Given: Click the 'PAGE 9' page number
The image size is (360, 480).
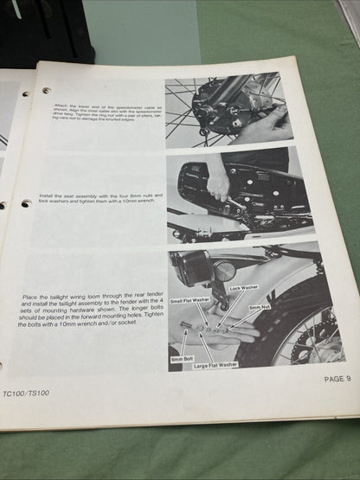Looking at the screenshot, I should pyautogui.click(x=337, y=378).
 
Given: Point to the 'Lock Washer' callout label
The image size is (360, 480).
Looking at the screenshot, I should pyautogui.click(x=243, y=286).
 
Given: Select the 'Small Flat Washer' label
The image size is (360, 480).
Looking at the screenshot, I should pyautogui.click(x=189, y=300).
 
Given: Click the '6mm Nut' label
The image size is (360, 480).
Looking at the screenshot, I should pyautogui.click(x=260, y=307).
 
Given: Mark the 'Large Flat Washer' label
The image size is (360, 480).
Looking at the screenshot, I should pyautogui.click(x=215, y=364).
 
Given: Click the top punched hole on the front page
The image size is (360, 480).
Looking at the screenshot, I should pyautogui.click(x=45, y=90).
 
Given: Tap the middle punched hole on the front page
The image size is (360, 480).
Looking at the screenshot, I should pyautogui.click(x=26, y=203).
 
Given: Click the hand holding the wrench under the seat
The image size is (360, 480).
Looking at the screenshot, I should pyautogui.click(x=219, y=182).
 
